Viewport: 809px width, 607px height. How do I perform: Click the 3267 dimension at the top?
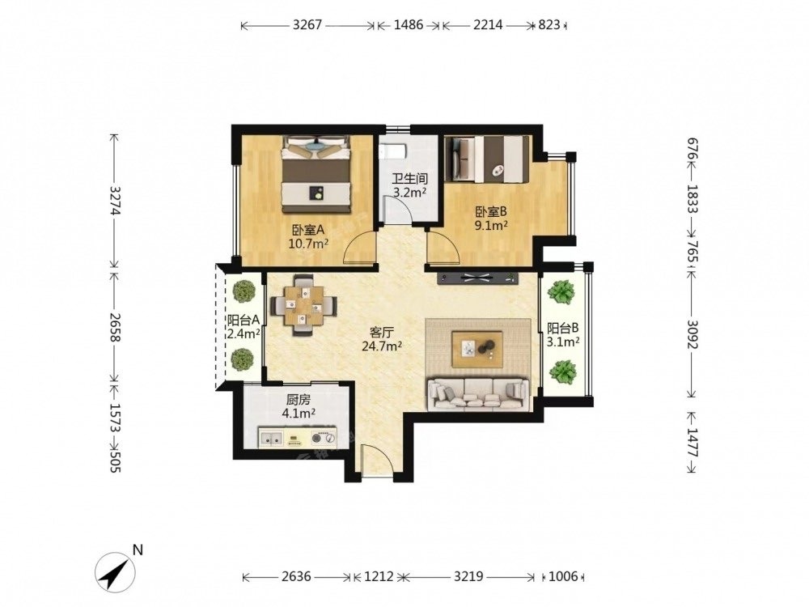click(x=307, y=25)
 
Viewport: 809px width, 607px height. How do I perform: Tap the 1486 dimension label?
click(x=408, y=25)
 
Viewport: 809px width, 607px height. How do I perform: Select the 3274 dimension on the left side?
click(x=115, y=200)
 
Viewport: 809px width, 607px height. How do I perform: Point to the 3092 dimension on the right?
click(x=692, y=334)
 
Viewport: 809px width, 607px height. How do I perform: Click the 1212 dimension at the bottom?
click(x=379, y=575)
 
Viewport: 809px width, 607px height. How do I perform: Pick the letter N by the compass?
click(x=138, y=550)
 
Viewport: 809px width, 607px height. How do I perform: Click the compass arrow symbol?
click(x=115, y=571)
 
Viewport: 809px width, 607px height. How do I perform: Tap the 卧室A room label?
click(x=308, y=230)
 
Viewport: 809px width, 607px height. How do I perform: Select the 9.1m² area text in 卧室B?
click(x=491, y=225)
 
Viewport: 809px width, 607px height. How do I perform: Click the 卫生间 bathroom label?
click(x=409, y=179)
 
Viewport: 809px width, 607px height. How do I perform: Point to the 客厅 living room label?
click(x=382, y=332)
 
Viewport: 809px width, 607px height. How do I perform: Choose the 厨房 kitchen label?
click(x=299, y=399)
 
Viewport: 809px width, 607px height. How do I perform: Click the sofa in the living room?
click(x=478, y=394)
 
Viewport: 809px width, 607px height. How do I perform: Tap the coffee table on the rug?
click(x=477, y=349)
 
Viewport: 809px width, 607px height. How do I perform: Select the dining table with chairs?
click(x=304, y=305)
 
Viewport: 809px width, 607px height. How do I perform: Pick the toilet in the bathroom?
click(x=392, y=151)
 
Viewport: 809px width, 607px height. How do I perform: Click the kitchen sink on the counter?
click(x=271, y=438)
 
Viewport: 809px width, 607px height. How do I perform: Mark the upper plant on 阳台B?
click(x=561, y=292)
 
